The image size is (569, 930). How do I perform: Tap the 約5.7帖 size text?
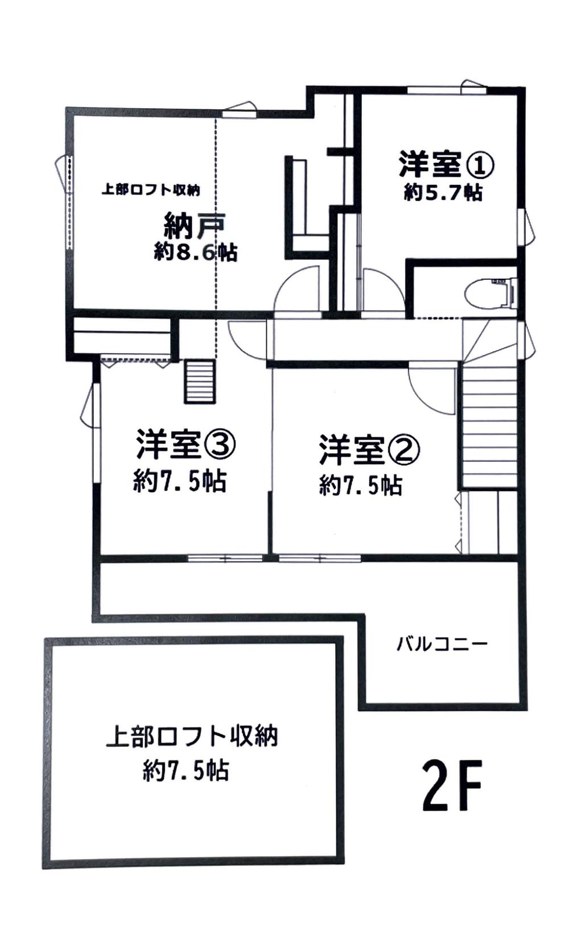pos(443,193)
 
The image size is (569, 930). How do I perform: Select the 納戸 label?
pos(195,226)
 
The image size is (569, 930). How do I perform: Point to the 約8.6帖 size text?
pos(195,252)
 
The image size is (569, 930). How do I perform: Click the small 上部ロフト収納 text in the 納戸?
pos(151,190)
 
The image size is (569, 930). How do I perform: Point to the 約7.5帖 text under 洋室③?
pos(180,481)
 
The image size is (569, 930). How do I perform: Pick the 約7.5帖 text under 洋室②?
pos(361,485)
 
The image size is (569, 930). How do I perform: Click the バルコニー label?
pos(442,644)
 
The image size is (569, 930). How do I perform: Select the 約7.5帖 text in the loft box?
pos(185,771)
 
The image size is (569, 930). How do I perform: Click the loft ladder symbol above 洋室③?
pos(200,381)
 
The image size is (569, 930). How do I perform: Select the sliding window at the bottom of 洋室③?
pos(225,558)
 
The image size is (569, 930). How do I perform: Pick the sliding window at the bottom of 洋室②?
pos(320,558)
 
